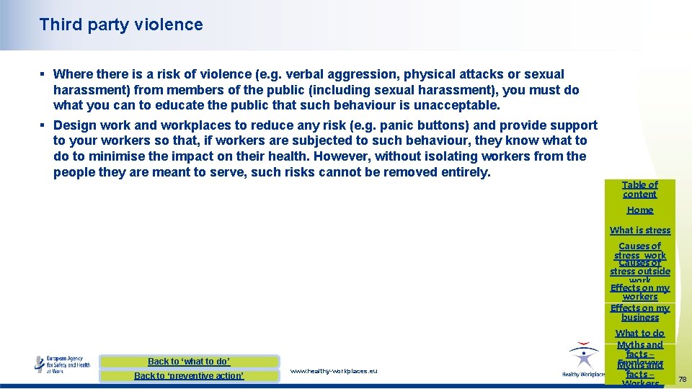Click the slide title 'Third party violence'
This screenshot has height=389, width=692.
[x=121, y=24]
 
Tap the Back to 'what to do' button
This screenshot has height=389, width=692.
[x=189, y=362]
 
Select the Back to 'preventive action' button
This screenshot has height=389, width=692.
[x=189, y=376]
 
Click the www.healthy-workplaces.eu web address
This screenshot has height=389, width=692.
[x=333, y=371]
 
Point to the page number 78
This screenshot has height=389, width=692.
[x=682, y=379]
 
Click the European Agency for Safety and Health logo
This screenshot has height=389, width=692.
[x=63, y=364]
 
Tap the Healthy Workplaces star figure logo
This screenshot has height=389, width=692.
[x=582, y=358]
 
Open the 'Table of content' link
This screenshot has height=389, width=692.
[x=639, y=189]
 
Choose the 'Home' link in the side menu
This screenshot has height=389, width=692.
[x=639, y=210]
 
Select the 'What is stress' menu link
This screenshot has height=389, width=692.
[x=639, y=231]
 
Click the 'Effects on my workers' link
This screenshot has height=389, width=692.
[x=639, y=292]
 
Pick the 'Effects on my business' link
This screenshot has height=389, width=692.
[x=639, y=313]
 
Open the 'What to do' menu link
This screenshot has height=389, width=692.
[x=639, y=334]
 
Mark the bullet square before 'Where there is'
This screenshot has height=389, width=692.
[x=43, y=74]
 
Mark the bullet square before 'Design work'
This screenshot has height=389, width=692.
[x=43, y=125]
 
